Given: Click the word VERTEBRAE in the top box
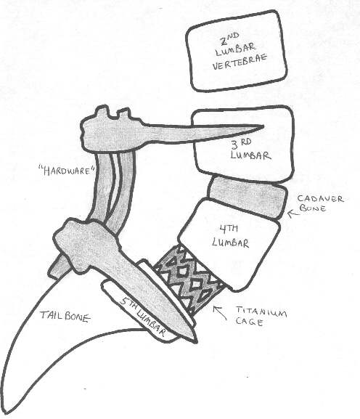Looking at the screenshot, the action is pos(240,62).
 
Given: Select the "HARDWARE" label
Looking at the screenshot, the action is pos(66,171).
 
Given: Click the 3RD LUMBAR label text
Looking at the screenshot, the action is pos(250,150).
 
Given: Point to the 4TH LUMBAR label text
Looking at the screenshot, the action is pos(230,237).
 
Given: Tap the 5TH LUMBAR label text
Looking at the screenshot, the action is pos(142,317).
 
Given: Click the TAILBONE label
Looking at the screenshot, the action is pos(65,317).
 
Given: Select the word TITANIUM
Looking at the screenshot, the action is pos(261,312).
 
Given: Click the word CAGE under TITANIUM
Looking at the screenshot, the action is pos(249,322).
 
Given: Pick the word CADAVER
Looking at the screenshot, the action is pos(320,199).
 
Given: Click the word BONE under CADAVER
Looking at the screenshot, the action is pos(313,208).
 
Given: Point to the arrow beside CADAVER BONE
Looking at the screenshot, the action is pos(293,213).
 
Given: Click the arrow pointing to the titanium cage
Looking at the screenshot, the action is pos(220,313).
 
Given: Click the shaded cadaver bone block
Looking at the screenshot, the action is pos(247,197).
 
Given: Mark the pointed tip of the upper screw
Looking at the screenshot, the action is pos(263,126).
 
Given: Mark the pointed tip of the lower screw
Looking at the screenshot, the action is pos(196,342).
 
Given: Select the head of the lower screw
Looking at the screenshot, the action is pos(86,242).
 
